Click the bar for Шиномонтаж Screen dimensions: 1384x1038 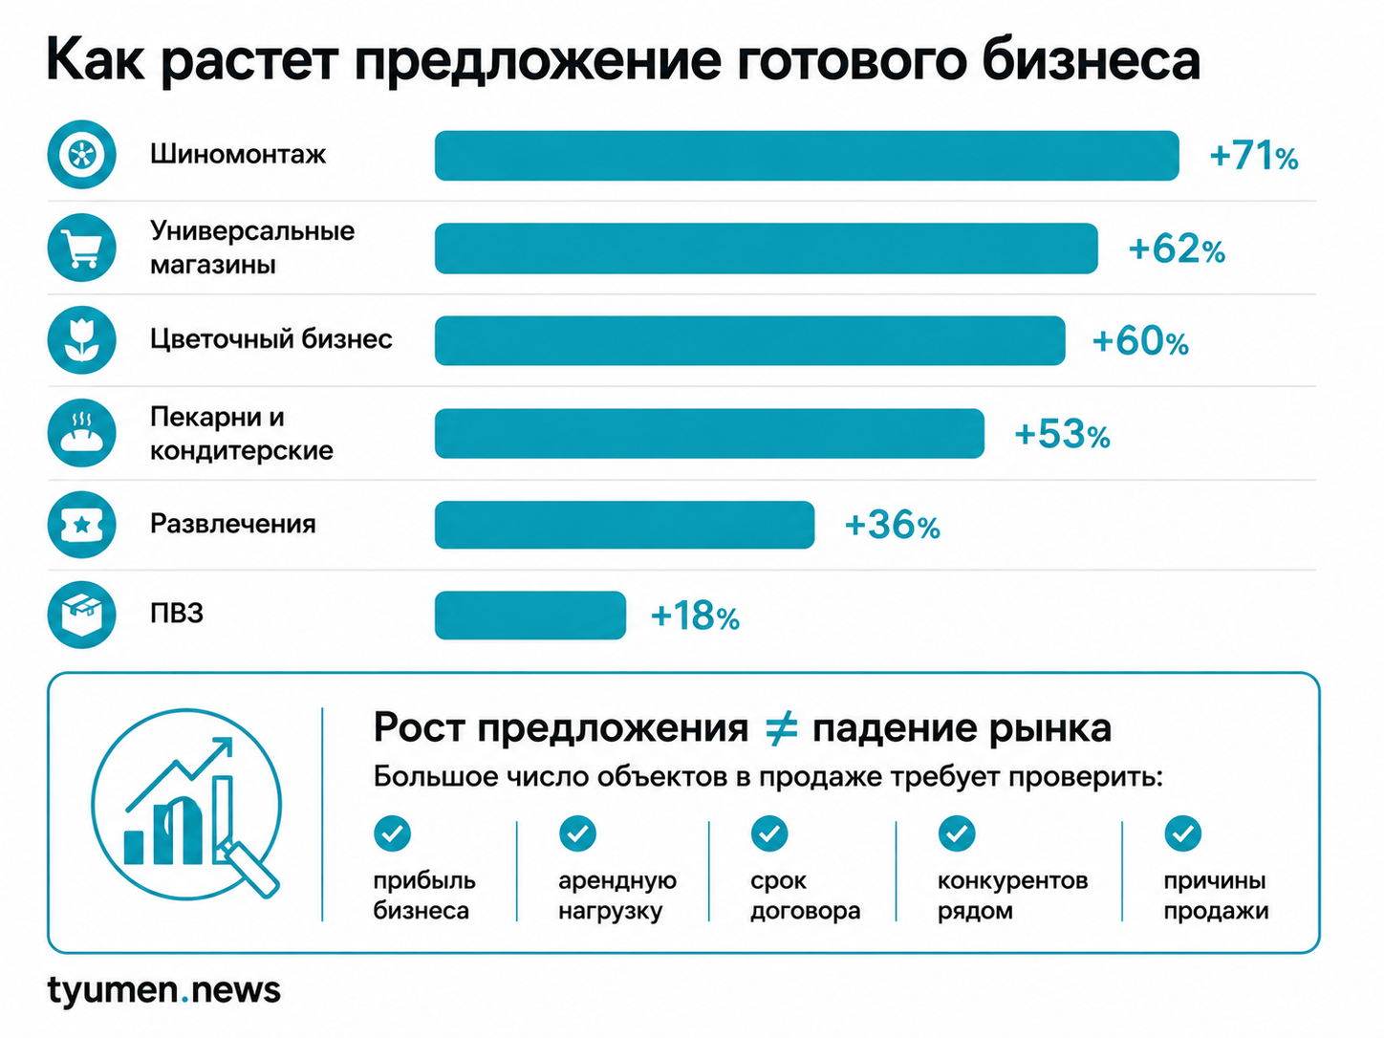coord(807,156)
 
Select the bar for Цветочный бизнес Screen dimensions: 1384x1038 coord(749,340)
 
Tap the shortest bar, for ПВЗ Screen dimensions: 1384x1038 coord(530,616)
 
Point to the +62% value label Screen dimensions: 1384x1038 coord(1177,249)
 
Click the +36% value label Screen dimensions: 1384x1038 coord(892,525)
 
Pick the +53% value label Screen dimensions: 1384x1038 coord(1063,435)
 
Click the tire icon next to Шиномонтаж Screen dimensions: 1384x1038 coord(82,155)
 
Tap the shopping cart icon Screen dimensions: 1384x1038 coord(82,247)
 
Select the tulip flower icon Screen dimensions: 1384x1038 coord(82,339)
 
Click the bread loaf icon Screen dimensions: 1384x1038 coord(82,432)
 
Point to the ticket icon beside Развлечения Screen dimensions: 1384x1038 coord(82,525)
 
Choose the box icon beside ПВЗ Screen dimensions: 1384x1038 coord(82,615)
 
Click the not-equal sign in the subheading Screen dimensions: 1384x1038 coord(781,728)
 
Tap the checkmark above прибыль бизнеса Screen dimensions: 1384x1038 coord(392,833)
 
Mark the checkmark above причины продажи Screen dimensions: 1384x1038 coord(1183,833)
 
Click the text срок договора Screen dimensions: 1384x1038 coord(805,896)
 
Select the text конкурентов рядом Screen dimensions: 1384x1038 coord(1012,896)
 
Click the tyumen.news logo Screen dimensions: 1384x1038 coord(164,990)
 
